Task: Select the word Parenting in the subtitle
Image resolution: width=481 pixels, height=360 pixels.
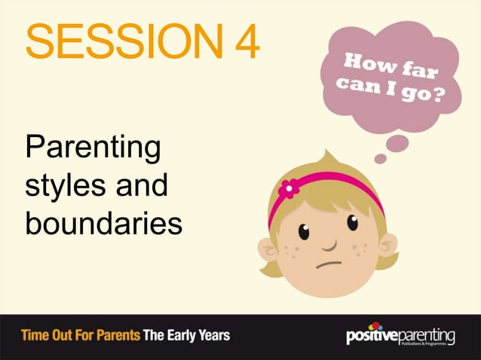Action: (x=93, y=148)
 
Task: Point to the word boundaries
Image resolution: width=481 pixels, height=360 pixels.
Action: (x=103, y=223)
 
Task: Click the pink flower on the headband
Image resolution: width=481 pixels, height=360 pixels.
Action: (x=288, y=188)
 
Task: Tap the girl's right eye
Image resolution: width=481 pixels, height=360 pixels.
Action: (x=351, y=223)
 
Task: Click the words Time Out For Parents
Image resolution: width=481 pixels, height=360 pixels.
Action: (x=78, y=334)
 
